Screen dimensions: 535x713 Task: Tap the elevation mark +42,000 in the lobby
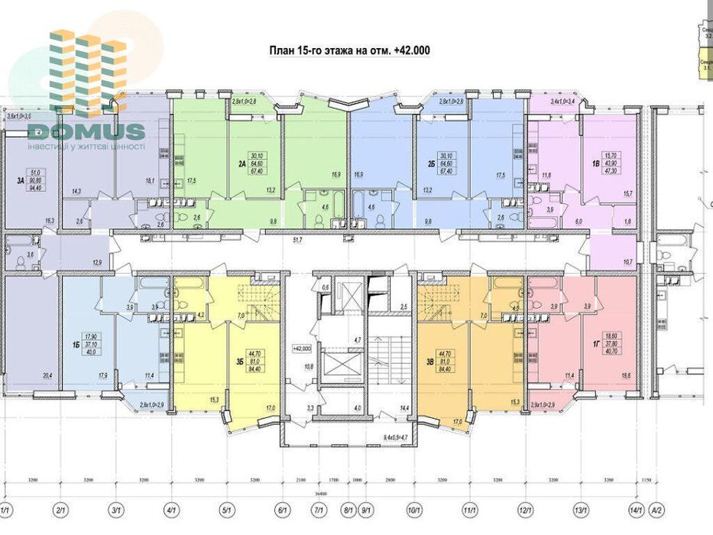(303, 347)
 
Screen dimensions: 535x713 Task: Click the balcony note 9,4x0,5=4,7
(396, 439)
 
